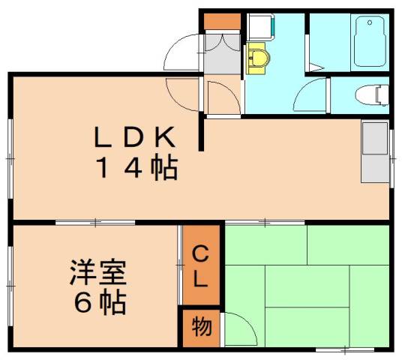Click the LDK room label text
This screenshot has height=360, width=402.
click(x=135, y=137)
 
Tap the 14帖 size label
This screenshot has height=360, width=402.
click(x=137, y=168)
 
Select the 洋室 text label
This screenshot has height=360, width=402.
click(x=98, y=273)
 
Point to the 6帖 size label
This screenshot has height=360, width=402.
click(x=100, y=302)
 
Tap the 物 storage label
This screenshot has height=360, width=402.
click(x=202, y=326)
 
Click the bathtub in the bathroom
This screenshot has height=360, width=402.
click(x=370, y=41)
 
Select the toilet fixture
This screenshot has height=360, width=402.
click(x=372, y=94)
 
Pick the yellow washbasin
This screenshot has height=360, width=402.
click(x=257, y=58)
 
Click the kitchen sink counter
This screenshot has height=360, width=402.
click(x=375, y=152)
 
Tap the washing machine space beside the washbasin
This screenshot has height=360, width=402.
click(x=260, y=27)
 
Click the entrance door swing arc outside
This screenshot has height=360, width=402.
click(x=181, y=52)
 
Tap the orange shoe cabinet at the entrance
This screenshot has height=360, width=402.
click(x=222, y=22)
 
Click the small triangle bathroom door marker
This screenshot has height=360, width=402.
click(x=316, y=67)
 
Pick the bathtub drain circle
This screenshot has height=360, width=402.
click(x=370, y=22)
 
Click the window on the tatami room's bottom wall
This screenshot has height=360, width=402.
click(x=345, y=349)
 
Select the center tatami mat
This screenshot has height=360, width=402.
click(x=307, y=286)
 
